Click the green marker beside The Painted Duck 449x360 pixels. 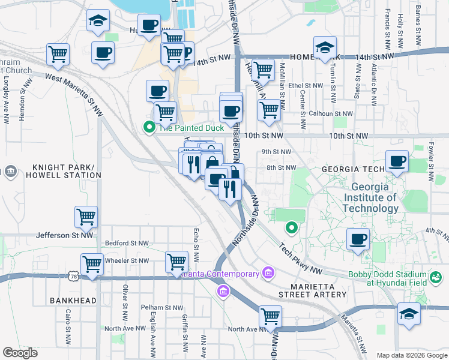coord(148,127)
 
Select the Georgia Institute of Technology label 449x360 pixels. coord(370,197)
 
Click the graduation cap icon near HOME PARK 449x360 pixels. coord(325,47)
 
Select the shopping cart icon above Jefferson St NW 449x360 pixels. coord(86,217)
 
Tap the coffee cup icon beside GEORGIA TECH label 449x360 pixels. coord(397,161)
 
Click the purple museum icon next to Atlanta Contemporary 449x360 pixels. coord(268,274)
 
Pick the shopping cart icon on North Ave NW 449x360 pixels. coord(271,316)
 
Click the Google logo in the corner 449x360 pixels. coord(20,352)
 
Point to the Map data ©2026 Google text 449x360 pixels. coord(411,355)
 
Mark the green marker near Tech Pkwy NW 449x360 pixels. coord(291,227)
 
